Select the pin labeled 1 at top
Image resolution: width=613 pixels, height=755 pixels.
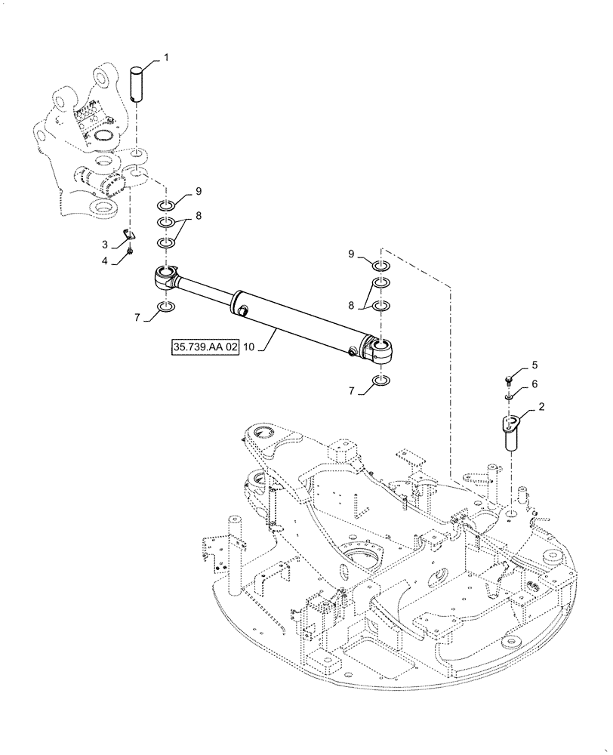(137, 83)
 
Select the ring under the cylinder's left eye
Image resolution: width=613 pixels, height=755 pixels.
(166, 307)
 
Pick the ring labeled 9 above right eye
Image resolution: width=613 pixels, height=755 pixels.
(381, 266)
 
